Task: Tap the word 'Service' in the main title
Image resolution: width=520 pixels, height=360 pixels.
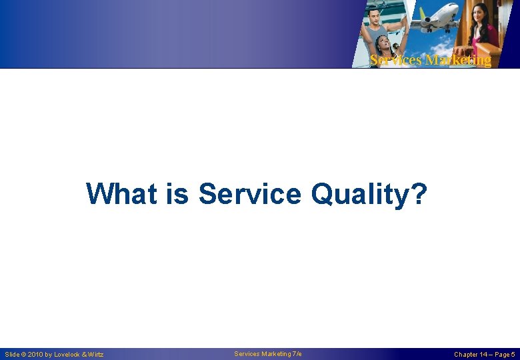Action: pos(251,194)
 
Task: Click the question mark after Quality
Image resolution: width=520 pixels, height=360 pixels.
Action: pos(418,194)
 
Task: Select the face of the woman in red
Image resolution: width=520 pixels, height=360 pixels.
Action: pos(482,14)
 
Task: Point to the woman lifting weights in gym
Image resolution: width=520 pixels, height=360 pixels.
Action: pos(385,47)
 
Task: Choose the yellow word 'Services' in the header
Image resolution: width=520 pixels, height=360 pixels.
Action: pos(395,60)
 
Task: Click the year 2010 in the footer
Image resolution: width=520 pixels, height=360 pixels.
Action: pos(37,354)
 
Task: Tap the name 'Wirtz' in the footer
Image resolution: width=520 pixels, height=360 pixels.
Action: pos(96,354)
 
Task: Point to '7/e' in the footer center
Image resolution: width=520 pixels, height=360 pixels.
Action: pos(297,353)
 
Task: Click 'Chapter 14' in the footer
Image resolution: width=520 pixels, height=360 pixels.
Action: pos(471,354)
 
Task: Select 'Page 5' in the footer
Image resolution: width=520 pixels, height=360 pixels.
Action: pos(506,354)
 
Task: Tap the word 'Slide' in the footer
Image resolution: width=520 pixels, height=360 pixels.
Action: pos(12,354)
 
